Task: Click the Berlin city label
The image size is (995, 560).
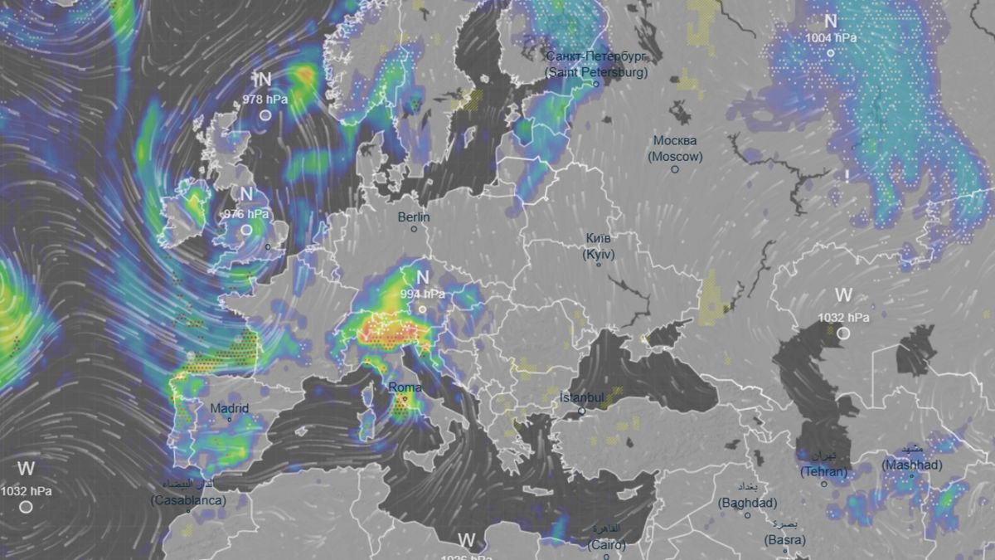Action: pos(414,217)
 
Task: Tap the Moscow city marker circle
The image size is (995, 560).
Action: pos(675,169)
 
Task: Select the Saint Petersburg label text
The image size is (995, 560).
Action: pos(595,65)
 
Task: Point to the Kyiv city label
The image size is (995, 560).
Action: pos(598,246)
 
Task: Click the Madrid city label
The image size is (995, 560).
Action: pos(229,408)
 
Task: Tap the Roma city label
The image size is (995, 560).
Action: pos(405,387)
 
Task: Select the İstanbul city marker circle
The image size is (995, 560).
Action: pos(582,411)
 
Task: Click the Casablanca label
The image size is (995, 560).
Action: pos(188,495)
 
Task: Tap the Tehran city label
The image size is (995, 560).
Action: pos(823,466)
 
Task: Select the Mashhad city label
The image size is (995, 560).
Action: pos(911,460)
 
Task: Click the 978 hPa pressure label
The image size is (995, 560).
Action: pos(265,99)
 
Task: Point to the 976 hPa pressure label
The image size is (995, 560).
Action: pos(247,213)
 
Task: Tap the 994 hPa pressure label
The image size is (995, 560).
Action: pos(423,294)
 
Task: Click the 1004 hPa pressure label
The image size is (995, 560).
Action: pos(830,37)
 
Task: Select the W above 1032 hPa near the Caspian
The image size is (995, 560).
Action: pos(843,295)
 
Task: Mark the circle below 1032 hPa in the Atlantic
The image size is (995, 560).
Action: pos(27,506)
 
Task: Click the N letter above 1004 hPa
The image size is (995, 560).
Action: pos(830,22)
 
